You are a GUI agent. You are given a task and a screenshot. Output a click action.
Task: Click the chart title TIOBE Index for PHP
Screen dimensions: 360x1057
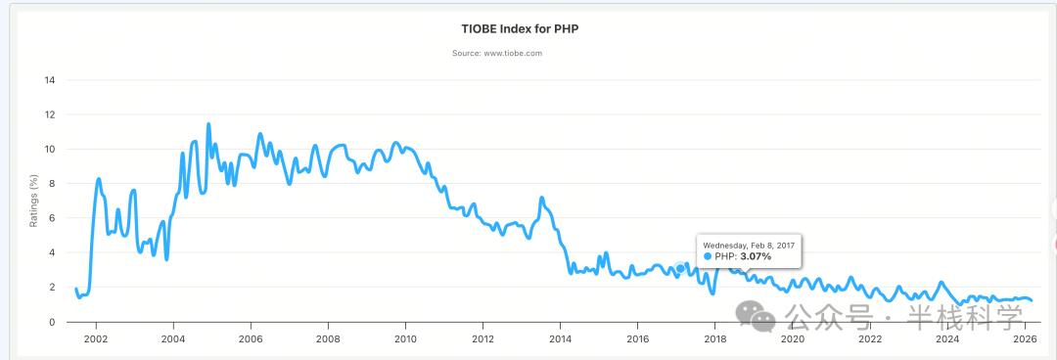coord(528,29)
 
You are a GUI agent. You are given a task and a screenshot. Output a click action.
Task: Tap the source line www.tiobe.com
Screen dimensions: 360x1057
coord(497,53)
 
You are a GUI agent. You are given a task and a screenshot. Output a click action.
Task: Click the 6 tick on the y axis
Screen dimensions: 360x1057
coord(51,218)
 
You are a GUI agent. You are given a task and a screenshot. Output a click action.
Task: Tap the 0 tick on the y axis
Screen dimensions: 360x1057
coord(51,322)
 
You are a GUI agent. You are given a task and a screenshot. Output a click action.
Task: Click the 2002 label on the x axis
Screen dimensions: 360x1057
coord(95,339)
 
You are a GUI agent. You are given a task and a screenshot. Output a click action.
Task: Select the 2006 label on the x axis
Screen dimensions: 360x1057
coord(250,339)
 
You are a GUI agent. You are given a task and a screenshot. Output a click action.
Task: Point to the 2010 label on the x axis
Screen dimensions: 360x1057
coord(404,339)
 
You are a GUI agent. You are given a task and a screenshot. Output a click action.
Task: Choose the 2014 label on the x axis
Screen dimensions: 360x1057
coord(560,339)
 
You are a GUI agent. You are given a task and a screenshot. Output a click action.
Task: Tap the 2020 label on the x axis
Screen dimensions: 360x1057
coord(793,339)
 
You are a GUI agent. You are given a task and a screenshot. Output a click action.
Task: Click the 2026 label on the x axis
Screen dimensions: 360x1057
coord(1025,339)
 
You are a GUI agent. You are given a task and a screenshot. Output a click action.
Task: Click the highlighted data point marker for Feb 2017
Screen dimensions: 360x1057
coord(680,268)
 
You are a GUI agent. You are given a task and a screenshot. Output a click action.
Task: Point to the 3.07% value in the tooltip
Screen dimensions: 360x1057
coord(756,256)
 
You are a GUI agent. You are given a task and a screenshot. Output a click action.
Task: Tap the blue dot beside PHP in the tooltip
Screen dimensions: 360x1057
coord(709,256)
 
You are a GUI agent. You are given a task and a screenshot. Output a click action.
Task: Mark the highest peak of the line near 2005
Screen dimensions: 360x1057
coord(208,124)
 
